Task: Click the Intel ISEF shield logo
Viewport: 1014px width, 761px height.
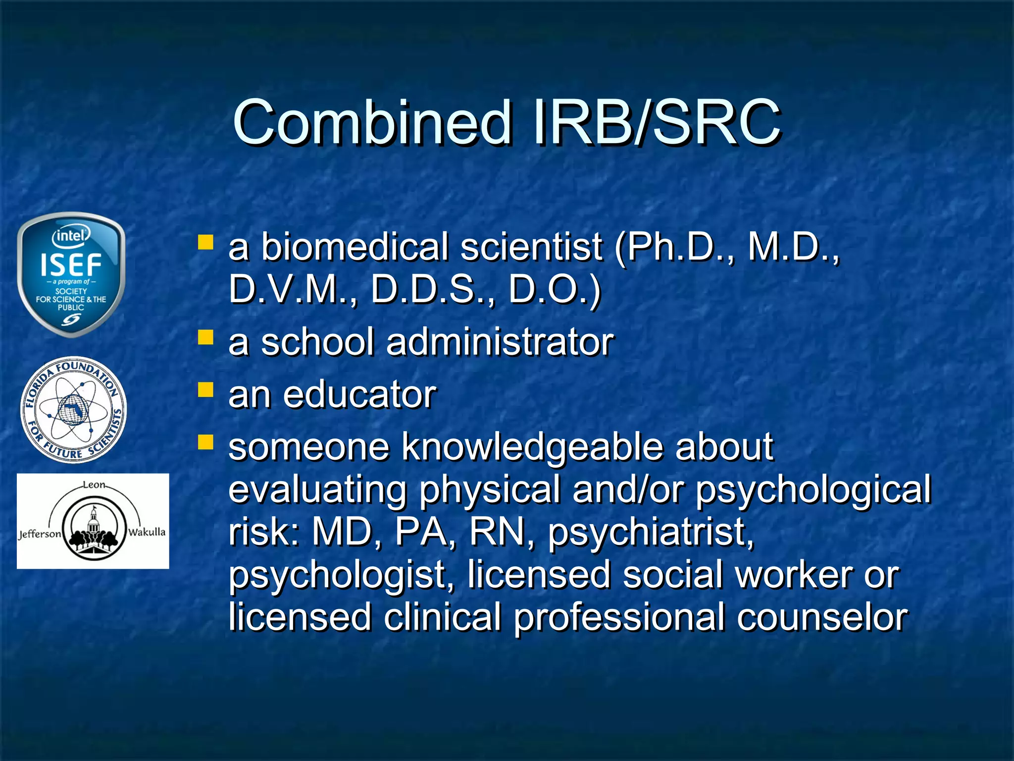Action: tap(71, 275)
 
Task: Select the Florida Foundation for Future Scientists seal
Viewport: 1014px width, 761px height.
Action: tap(73, 410)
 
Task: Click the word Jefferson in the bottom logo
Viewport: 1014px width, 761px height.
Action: tap(40, 534)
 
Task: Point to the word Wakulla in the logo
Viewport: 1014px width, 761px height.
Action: tap(147, 532)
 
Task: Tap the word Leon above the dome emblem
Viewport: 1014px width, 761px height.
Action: tap(94, 485)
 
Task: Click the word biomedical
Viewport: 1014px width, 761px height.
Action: tap(355, 247)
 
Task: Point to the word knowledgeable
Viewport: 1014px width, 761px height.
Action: tap(532, 447)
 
